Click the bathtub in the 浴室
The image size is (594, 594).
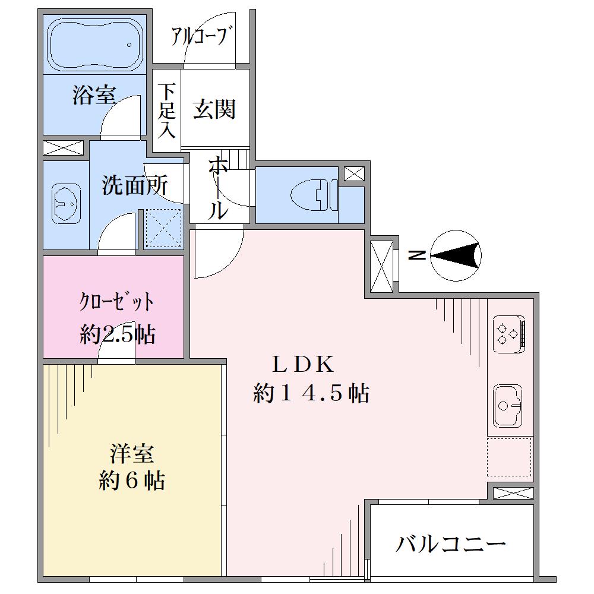click(x=94, y=45)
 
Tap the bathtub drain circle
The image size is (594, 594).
click(x=129, y=45)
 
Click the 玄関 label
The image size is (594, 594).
click(x=214, y=109)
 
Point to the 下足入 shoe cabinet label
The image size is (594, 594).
click(x=167, y=110)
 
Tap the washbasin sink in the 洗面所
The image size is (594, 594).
click(x=66, y=204)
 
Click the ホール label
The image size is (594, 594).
click(x=218, y=188)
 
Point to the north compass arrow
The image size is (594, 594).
click(x=456, y=255)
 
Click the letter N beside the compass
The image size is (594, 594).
click(x=417, y=255)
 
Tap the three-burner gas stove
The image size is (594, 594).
click(x=509, y=334)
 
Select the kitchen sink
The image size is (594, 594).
click(x=508, y=405)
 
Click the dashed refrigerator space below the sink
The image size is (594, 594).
click(x=510, y=457)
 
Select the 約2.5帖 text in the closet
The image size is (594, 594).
click(x=118, y=334)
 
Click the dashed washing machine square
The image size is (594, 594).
click(x=164, y=228)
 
